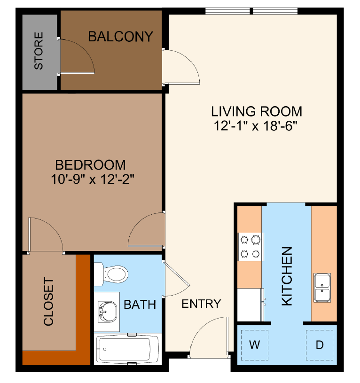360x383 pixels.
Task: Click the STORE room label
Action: click(39, 51)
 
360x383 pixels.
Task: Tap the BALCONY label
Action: click(121, 36)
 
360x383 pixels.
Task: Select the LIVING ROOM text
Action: click(256, 111)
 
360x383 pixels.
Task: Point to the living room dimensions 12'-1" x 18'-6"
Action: click(256, 126)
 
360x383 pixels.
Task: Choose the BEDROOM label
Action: click(90, 165)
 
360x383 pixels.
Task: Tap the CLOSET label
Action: click(48, 302)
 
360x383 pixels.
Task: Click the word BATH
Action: click(140, 305)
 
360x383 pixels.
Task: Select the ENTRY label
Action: click(201, 304)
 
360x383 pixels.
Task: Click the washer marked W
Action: click(254, 345)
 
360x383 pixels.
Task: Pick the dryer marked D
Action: click(320, 345)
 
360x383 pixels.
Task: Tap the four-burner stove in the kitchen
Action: click(250, 247)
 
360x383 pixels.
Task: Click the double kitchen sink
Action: click(323, 288)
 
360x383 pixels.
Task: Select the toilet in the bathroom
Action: click(111, 274)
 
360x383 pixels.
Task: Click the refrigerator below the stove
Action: click(250, 304)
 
